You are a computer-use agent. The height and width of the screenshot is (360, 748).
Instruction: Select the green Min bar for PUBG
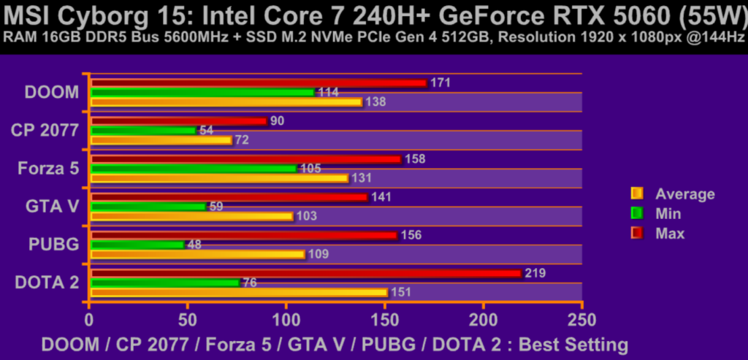click(137, 245)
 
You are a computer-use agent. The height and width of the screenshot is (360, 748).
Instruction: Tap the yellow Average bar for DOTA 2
click(238, 292)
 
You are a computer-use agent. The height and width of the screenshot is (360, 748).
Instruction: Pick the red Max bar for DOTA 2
click(305, 273)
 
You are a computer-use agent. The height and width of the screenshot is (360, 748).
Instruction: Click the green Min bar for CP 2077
click(142, 130)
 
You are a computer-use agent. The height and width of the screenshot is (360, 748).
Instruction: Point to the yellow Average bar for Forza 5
click(218, 178)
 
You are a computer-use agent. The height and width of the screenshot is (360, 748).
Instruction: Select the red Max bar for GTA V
click(229, 197)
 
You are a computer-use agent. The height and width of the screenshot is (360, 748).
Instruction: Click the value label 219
click(535, 273)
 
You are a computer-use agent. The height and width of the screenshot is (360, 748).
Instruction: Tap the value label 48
click(194, 245)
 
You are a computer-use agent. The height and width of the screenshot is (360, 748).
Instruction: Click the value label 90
click(277, 120)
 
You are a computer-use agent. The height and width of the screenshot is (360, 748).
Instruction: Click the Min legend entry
click(668, 213)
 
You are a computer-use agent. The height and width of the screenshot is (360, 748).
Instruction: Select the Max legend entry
click(670, 233)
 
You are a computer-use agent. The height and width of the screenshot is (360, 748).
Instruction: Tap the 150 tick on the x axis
click(384, 319)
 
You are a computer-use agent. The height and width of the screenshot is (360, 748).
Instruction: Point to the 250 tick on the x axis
click(581, 319)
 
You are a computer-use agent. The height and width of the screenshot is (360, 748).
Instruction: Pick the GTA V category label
click(52, 206)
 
